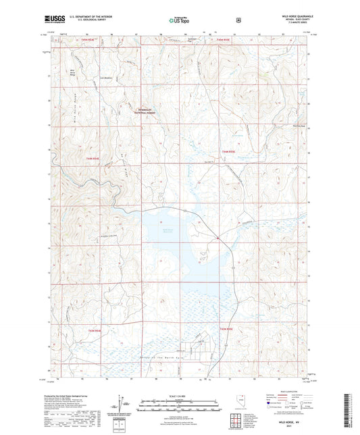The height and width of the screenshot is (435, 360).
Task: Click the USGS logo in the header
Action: tap(49, 20)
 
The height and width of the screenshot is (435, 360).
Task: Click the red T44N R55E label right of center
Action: tap(230, 152)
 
